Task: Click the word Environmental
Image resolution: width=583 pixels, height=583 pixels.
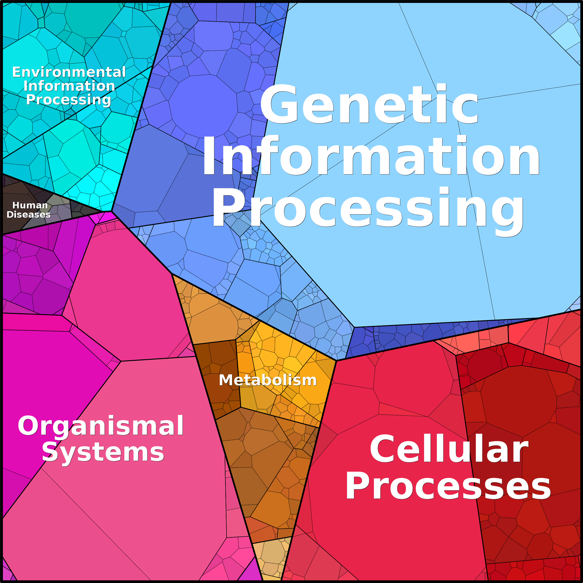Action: (69, 72)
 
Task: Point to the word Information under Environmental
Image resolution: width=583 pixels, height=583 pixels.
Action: (69, 86)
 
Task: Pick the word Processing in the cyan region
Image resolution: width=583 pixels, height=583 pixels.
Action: (68, 100)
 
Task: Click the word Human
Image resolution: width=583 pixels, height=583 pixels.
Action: (30, 205)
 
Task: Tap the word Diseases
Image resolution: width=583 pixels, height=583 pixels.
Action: (29, 214)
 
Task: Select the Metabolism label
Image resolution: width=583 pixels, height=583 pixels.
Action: (268, 380)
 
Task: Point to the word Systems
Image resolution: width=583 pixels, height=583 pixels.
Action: (103, 453)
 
